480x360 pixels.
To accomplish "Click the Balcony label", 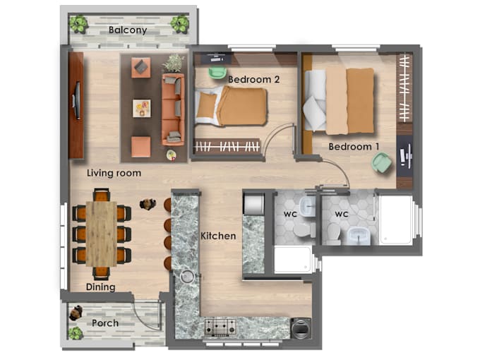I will pyautogui.click(x=128, y=30).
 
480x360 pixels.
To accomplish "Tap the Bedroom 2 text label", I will pyautogui.click(x=254, y=80).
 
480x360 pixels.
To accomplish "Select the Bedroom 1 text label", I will pyautogui.click(x=354, y=147).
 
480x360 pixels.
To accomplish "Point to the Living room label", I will pyautogui.click(x=114, y=173).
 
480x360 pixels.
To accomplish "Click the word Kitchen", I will pyautogui.click(x=218, y=235).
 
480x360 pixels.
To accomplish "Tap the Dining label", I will pyautogui.click(x=100, y=287).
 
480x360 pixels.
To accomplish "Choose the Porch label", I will pyautogui.click(x=105, y=323).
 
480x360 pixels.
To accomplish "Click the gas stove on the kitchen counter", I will pyautogui.click(x=220, y=327).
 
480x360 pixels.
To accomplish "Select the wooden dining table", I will pyautogui.click(x=102, y=234).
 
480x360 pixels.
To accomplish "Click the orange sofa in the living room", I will pyautogui.click(x=172, y=109).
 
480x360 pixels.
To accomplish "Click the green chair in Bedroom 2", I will pyautogui.click(x=217, y=72).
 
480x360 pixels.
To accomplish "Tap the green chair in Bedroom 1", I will pyautogui.click(x=382, y=164).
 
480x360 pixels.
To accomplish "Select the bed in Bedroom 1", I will pyautogui.click(x=340, y=101).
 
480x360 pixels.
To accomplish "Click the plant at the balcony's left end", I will pyautogui.click(x=78, y=25).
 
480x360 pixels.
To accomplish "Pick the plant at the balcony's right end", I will pyautogui.click(x=180, y=25).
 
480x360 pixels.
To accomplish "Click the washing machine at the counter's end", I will pyautogui.click(x=301, y=328).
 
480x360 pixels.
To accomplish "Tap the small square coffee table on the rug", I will pyautogui.click(x=142, y=108).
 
